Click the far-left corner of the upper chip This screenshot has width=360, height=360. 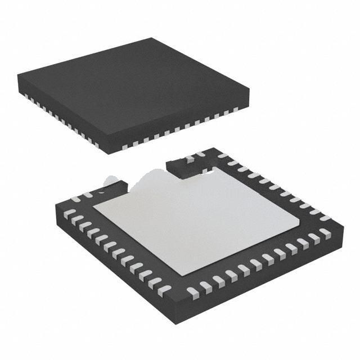point(18,76)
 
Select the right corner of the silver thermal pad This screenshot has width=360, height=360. point(299,225)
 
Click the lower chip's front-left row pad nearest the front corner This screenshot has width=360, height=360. point(164,290)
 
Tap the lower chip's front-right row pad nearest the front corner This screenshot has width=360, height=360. point(192,292)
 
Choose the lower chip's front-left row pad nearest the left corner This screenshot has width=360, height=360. point(69,214)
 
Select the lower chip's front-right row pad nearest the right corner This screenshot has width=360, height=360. point(325,233)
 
